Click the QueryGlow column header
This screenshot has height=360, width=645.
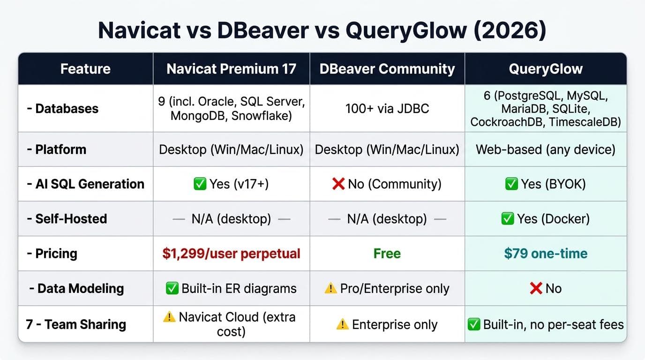pos(546,69)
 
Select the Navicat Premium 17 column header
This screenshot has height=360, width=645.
pos(232,69)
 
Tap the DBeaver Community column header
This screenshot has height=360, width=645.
pos(387,69)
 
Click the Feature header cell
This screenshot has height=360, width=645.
pos(85,69)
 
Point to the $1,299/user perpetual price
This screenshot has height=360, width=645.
pos(232,254)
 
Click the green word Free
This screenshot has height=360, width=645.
pos(387,254)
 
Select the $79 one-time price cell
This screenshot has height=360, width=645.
pos(546,254)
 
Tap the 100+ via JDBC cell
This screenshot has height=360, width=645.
pos(387,109)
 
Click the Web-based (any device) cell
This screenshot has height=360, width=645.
pos(546,150)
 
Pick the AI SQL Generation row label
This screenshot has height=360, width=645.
pos(86,184)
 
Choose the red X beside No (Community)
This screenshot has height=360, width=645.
pos(338,184)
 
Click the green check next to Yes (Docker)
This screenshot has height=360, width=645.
pos(508,218)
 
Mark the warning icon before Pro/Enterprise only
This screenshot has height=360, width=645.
pos(330,288)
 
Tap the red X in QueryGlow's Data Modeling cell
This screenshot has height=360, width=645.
pos(536,288)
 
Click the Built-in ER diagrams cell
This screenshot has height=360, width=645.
pos(232,288)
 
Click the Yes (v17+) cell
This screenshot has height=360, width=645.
pos(232,184)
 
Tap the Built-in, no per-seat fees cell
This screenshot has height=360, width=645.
pos(546,324)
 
